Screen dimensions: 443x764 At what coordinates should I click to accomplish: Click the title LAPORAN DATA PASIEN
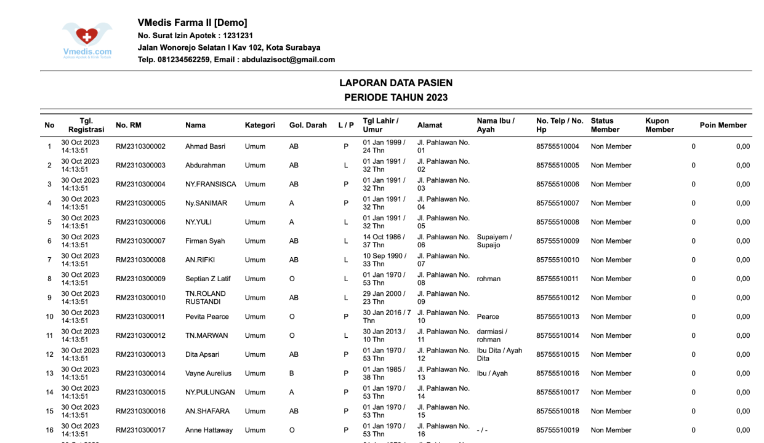pyautogui.click(x=396, y=83)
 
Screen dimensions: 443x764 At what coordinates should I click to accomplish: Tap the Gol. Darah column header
pyautogui.click(x=308, y=126)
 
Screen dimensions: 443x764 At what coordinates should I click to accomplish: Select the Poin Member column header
pyautogui.click(x=723, y=126)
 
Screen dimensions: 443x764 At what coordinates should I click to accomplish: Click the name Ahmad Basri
pyautogui.click(x=205, y=147)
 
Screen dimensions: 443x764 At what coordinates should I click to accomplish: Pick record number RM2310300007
pyautogui.click(x=140, y=241)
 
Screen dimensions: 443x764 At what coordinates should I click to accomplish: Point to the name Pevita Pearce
pyautogui.click(x=207, y=317)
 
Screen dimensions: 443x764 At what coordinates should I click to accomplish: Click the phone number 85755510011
pyautogui.click(x=557, y=279)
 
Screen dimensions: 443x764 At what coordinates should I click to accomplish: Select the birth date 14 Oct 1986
pyautogui.click(x=384, y=237)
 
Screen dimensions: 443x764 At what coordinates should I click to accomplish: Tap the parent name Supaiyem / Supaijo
pyautogui.click(x=494, y=241)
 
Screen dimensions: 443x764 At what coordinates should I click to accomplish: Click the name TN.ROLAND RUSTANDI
pyautogui.click(x=206, y=298)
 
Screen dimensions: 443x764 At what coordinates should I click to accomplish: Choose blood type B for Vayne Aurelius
pyautogui.click(x=292, y=373)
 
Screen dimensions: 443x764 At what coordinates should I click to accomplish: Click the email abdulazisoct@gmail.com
pyautogui.click(x=288, y=60)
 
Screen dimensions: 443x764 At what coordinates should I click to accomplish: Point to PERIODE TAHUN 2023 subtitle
pyautogui.click(x=396, y=98)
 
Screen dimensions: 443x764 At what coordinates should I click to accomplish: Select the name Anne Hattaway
pyautogui.click(x=209, y=430)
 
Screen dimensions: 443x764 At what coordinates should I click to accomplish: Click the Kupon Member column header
pyautogui.click(x=657, y=126)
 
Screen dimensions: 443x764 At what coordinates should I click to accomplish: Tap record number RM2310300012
pyautogui.click(x=140, y=336)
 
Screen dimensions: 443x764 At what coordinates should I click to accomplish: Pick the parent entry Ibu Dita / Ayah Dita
pyautogui.click(x=499, y=354)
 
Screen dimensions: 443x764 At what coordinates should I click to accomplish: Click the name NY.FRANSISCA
pyautogui.click(x=211, y=185)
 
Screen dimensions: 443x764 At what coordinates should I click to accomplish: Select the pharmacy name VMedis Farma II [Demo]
pyautogui.click(x=192, y=23)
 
